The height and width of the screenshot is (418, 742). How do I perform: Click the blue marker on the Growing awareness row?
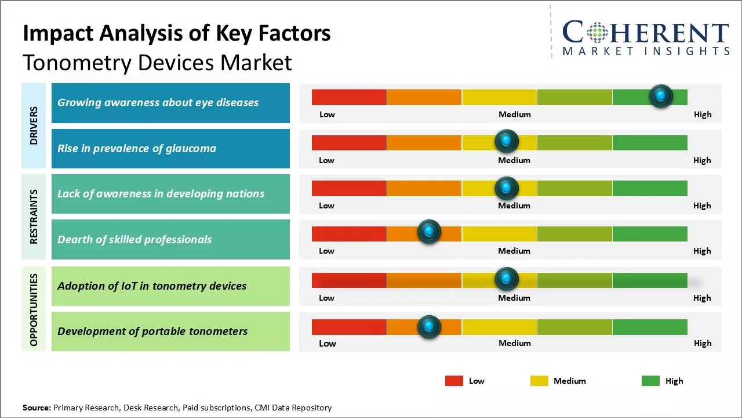(x=661, y=96)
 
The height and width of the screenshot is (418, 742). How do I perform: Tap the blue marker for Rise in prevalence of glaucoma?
(x=507, y=141)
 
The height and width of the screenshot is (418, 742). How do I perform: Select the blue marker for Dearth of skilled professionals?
(x=429, y=232)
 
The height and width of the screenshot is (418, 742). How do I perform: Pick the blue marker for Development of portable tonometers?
(x=429, y=327)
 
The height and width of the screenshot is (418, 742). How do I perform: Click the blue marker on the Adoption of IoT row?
(x=507, y=279)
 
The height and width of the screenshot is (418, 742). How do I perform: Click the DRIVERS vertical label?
(x=34, y=125)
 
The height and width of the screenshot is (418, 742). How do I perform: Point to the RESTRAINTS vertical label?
(x=34, y=217)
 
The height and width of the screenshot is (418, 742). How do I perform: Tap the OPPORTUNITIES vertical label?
(x=34, y=310)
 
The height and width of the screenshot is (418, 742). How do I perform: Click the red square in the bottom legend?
(x=454, y=381)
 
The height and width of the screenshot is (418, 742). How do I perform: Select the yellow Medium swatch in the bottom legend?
(x=539, y=381)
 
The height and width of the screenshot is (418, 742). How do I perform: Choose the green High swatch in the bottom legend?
(x=650, y=381)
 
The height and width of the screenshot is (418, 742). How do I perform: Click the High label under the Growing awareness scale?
(x=702, y=114)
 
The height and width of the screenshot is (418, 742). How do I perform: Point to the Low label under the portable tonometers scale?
(x=327, y=343)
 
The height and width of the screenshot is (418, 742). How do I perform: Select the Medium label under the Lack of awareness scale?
(x=514, y=206)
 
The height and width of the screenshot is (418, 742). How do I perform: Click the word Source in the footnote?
(x=36, y=408)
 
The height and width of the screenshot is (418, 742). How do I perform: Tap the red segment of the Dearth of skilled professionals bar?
(x=349, y=233)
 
